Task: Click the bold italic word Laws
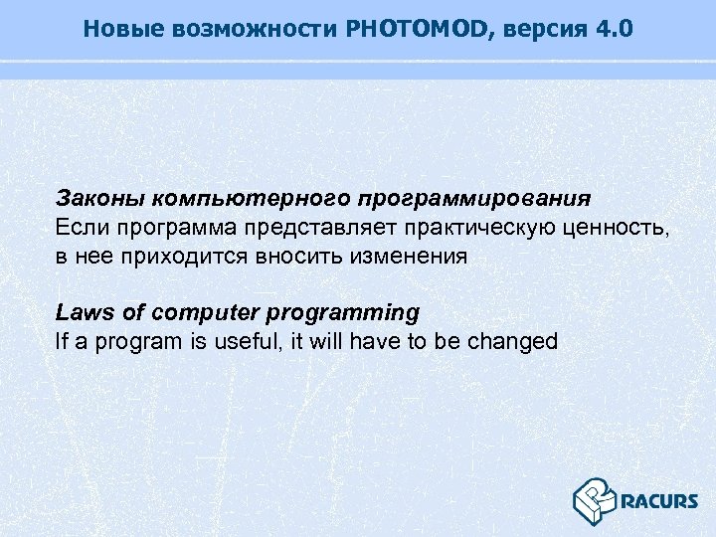pos(81,312)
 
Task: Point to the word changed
pos(507,341)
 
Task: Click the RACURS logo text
pos(658,500)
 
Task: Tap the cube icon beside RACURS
pos(595,498)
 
